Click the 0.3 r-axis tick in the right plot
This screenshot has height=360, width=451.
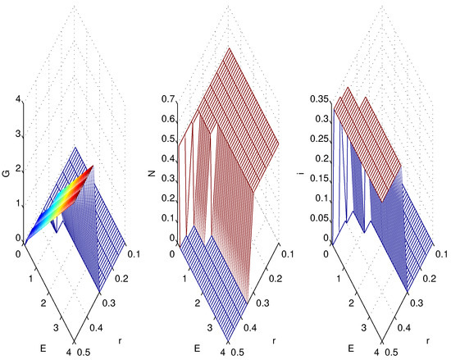point(419,296)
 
